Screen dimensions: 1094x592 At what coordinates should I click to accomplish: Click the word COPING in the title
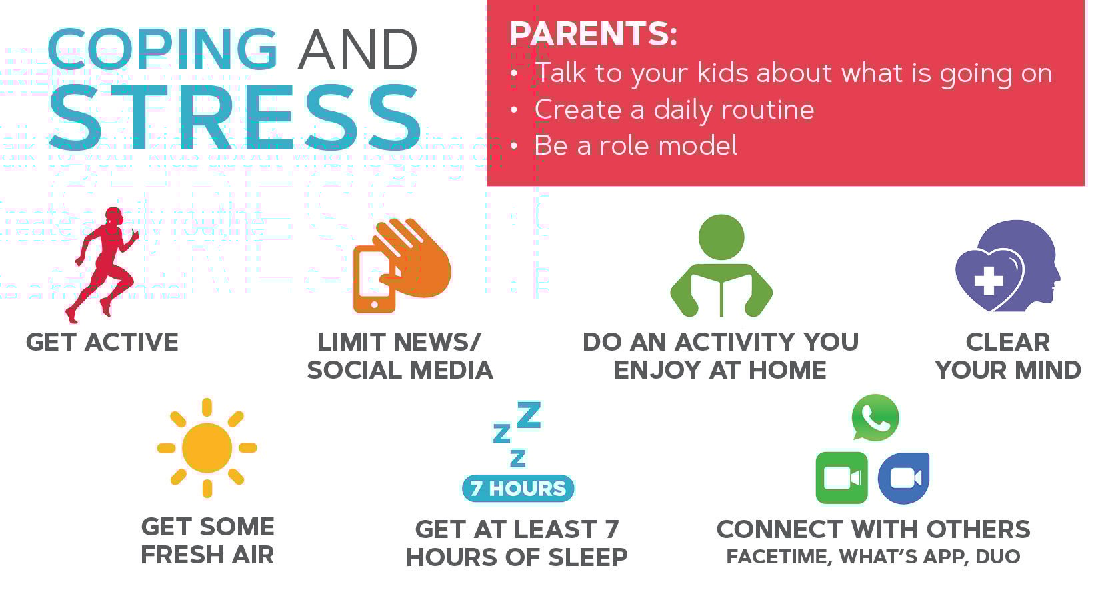tap(162, 49)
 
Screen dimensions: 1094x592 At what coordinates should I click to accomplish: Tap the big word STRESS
tap(235, 117)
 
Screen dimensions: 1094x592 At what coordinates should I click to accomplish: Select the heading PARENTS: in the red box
tap(593, 33)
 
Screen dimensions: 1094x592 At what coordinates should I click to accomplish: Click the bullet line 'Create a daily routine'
tap(674, 109)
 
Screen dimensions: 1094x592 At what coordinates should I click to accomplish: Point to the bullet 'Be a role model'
tap(635, 145)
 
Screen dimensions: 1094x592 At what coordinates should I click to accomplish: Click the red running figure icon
tap(103, 265)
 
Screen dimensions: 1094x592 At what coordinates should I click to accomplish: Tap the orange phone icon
tap(374, 279)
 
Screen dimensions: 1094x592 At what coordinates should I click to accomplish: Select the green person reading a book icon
tap(721, 265)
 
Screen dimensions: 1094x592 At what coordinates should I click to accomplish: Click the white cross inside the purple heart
tap(989, 281)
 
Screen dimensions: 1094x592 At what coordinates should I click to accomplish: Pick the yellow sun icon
tap(207, 448)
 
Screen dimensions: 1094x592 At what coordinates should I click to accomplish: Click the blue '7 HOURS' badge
tap(518, 489)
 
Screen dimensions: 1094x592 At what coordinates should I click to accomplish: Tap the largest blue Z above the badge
tap(529, 415)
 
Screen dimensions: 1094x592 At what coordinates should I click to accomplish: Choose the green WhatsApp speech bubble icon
tap(875, 417)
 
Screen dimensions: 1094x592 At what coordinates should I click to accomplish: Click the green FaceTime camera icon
tap(841, 478)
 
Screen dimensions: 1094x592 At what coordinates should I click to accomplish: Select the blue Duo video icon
tap(903, 478)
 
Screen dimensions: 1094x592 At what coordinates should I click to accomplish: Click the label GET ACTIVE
tap(102, 342)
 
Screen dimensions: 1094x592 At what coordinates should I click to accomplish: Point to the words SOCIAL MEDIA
tap(400, 370)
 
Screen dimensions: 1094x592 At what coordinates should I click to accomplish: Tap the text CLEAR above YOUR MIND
tap(1007, 342)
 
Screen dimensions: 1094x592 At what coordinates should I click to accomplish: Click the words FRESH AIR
tap(207, 555)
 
